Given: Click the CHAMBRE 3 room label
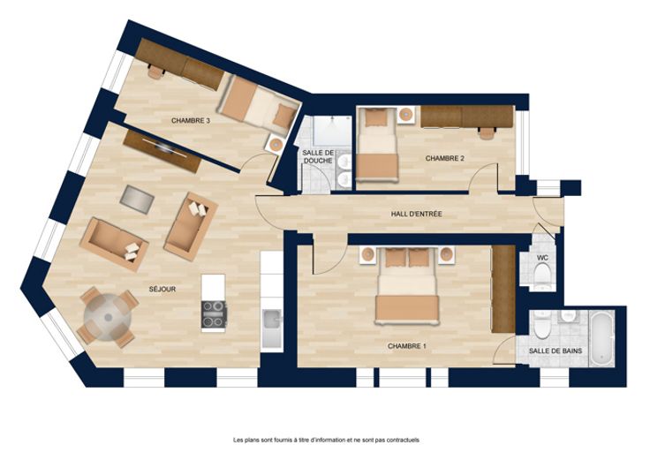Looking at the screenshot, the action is pyautogui.click(x=191, y=121).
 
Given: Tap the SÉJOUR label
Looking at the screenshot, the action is pyautogui.click(x=162, y=290).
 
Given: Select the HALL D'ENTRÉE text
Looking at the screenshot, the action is pyautogui.click(x=416, y=215).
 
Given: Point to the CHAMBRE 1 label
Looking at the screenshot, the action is pyautogui.click(x=406, y=346).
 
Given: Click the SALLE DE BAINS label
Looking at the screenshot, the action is pyautogui.click(x=556, y=351).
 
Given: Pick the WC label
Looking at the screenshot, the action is pyautogui.click(x=542, y=258).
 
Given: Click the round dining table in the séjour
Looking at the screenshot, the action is pyautogui.click(x=108, y=318).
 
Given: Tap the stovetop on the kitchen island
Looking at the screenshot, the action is pyautogui.click(x=214, y=314).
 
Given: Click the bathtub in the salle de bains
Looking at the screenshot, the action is pyautogui.click(x=602, y=339).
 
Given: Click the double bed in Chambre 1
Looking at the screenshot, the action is pyautogui.click(x=407, y=285).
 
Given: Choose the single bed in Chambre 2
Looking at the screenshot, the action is pyautogui.click(x=377, y=144).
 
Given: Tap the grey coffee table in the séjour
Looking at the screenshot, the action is pyautogui.click(x=137, y=200).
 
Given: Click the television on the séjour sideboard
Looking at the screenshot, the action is pyautogui.click(x=163, y=147).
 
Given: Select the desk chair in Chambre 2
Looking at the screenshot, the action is pyautogui.click(x=487, y=132).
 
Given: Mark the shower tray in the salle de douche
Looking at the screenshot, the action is pyautogui.click(x=332, y=131).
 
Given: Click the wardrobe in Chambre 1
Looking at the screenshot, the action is pyautogui.click(x=503, y=289).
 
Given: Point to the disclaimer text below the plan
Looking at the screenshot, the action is pyautogui.click(x=326, y=440).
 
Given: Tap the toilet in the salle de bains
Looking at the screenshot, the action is pyautogui.click(x=542, y=325).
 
